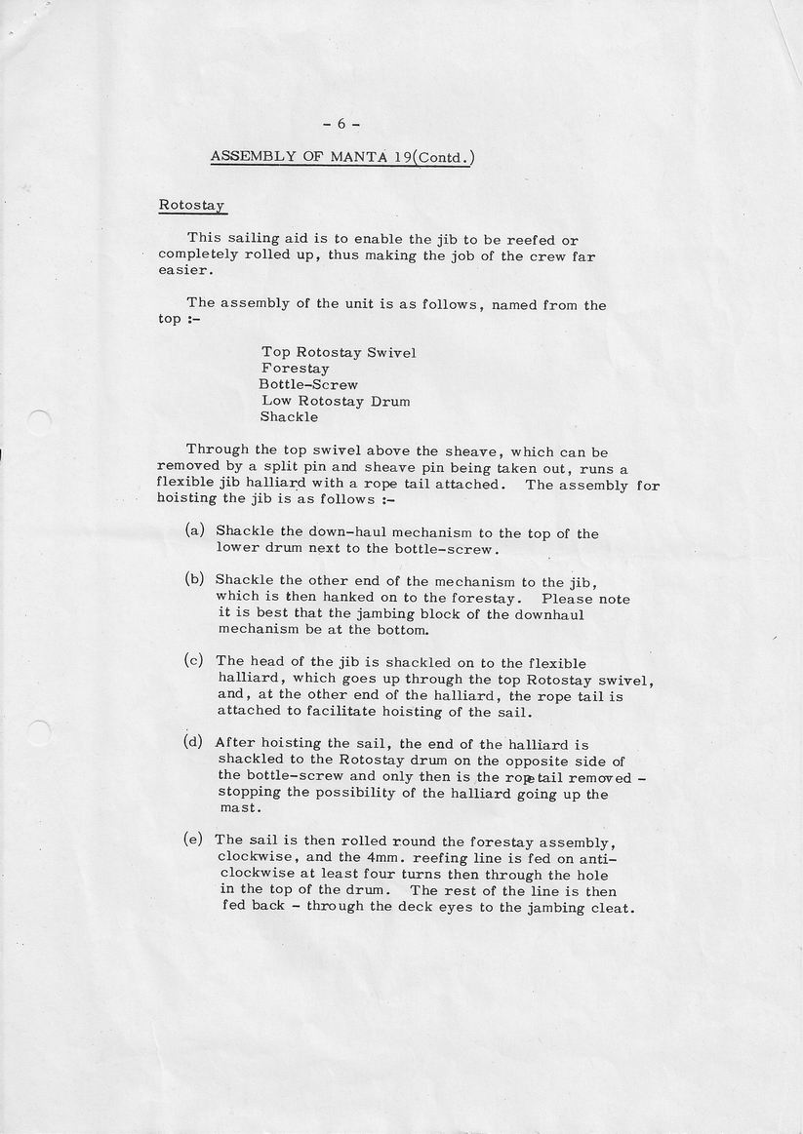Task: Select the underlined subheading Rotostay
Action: tap(192, 207)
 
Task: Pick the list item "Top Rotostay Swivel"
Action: tap(338, 352)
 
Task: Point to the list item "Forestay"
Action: tap(295, 369)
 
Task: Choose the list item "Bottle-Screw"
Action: tap(308, 384)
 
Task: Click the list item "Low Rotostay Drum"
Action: tap(335, 401)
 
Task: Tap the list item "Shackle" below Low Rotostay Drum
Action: tap(289, 416)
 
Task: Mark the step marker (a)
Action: tap(194, 531)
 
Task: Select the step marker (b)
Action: tap(194, 579)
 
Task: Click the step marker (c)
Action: tap(193, 660)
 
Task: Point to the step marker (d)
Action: tap(193, 742)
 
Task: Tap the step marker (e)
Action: tap(193, 840)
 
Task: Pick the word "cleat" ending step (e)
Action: tap(613, 908)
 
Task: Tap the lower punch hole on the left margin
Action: tap(39, 732)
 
